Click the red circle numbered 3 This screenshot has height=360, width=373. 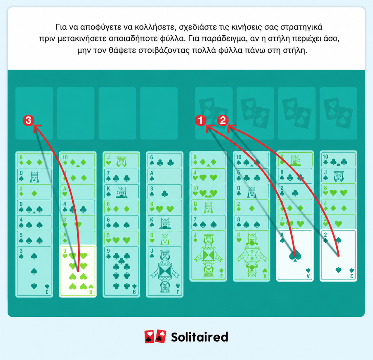29,120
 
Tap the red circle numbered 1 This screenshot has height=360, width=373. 201,120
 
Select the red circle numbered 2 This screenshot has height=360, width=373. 223,120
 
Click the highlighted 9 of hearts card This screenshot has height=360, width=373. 78,271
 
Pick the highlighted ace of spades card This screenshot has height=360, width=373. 295,255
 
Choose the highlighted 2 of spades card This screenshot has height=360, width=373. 338,255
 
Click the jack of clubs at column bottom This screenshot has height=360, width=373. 165,272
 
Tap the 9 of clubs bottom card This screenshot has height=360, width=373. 121,272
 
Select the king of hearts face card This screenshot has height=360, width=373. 251,256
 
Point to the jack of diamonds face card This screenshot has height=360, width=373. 208,256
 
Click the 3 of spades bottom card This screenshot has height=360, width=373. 34,272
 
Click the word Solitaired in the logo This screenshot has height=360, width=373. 199,337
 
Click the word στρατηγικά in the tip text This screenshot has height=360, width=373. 301,27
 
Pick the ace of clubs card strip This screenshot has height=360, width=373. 165,176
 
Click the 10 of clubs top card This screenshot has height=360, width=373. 338,159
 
